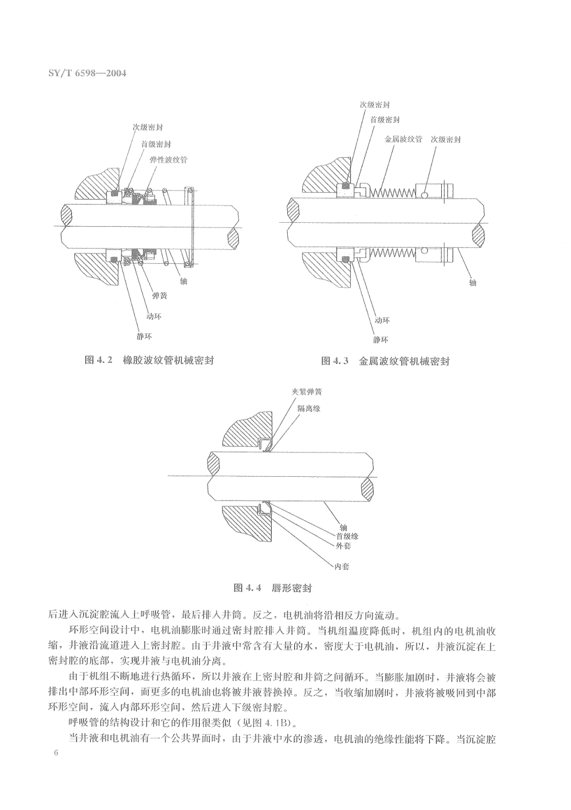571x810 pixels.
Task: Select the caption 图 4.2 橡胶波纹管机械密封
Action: tap(149, 360)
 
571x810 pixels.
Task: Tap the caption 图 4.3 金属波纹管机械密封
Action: tap(385, 361)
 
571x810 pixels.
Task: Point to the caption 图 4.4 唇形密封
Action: tap(272, 588)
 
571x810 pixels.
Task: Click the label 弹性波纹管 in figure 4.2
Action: tap(168, 158)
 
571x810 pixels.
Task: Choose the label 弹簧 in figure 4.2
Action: tap(160, 296)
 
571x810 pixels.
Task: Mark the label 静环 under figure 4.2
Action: tap(144, 336)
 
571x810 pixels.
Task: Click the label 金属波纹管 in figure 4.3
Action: tap(403, 139)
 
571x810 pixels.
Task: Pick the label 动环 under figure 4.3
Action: tap(381, 320)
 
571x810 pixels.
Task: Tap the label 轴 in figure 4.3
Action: tap(473, 283)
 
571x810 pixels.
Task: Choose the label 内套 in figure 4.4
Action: tap(342, 566)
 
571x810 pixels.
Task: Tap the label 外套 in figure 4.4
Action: tap(343, 546)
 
